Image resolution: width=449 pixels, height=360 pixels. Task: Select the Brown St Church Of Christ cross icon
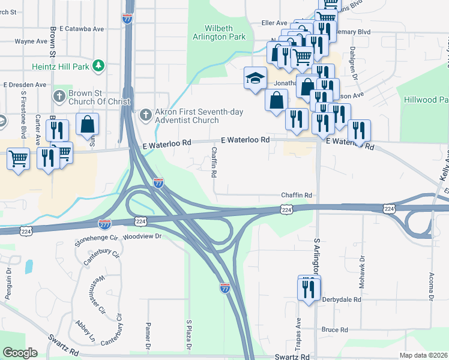pos(59,97)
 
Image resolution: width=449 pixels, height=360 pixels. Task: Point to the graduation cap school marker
pos(255,79)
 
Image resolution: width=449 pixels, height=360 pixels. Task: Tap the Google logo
pos(20,353)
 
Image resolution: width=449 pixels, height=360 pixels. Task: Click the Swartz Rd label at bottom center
pos(292,356)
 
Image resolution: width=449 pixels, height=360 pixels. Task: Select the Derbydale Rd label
pos(341,299)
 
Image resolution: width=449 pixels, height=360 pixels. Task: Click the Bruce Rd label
pos(334,329)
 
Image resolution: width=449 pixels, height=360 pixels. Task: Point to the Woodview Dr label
pos(142,236)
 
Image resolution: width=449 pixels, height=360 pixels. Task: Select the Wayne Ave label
pos(31,41)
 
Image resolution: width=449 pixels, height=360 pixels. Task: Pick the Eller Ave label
pos(274,23)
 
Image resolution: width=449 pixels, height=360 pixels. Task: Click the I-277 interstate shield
pos(104,224)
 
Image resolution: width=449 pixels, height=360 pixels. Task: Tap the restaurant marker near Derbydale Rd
pos(309,289)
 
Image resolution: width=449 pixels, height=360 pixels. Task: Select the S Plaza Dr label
pos(188,335)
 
